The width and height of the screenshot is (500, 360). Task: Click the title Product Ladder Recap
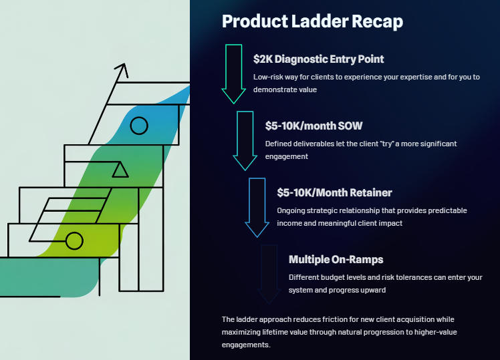coord(312,21)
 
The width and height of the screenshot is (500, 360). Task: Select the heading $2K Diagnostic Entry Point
coord(318,59)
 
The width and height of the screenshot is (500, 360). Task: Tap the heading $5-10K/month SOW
coord(314,126)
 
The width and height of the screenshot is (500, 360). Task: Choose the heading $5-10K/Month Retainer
coord(334,192)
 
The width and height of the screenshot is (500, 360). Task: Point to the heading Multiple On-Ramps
coord(336,259)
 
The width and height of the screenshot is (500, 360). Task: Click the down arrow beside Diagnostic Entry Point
coord(233,73)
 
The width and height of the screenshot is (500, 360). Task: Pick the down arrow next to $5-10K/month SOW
coord(245,140)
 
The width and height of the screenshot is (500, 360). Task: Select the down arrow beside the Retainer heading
coord(257,207)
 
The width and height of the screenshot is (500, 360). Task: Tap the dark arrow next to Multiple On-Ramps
coord(269,274)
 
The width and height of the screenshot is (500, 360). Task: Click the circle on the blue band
coord(138,125)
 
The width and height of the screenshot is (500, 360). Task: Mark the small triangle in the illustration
coord(120,170)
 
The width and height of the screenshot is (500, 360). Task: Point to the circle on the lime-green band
coord(74,240)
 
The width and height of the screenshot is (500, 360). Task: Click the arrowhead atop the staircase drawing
coord(122,69)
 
